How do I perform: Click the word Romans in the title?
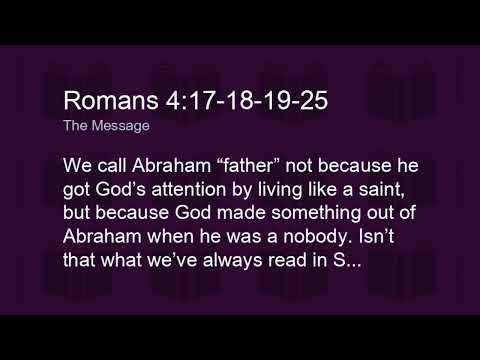[104, 101]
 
